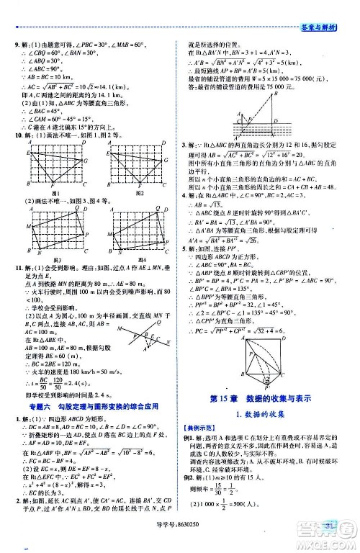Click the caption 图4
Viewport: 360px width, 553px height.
(x=140, y=259)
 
